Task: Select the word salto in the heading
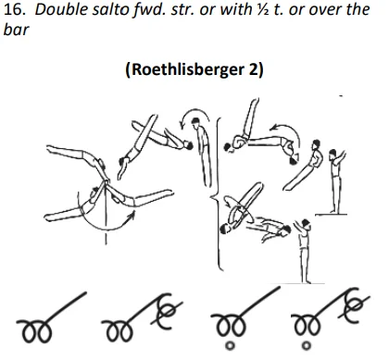tap(107, 11)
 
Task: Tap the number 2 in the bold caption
tap(248, 71)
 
